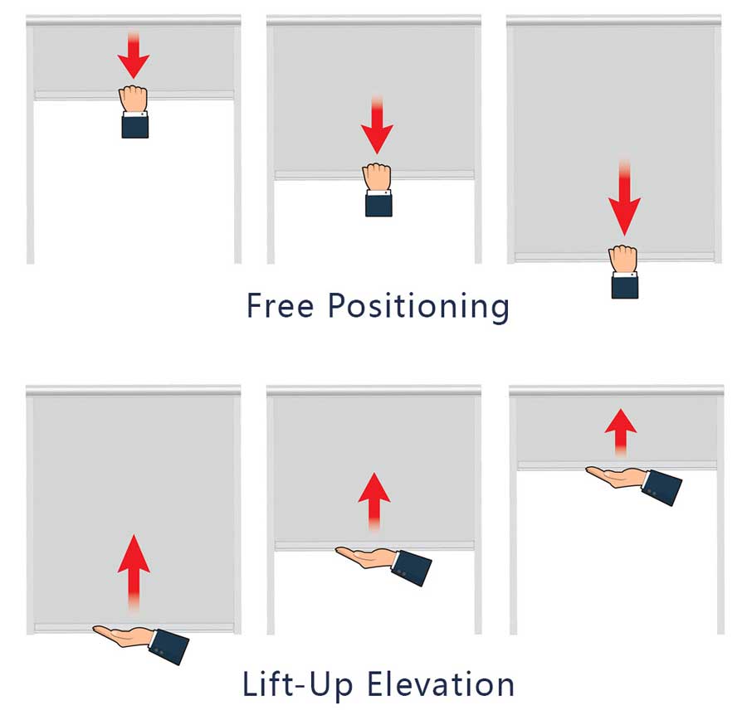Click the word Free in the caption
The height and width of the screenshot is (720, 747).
coord(280,305)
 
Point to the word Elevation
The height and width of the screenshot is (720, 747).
coord(441,684)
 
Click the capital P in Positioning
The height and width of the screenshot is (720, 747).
coord(338,304)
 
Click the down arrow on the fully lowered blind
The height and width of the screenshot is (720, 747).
coord(624,197)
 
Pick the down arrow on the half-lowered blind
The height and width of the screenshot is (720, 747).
coord(377,124)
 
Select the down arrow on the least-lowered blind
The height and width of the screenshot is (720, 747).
coord(134,54)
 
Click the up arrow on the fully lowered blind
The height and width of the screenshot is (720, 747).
coord(134,573)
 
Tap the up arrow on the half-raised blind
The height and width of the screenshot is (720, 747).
coord(374,501)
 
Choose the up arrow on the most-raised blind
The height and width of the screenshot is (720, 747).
coord(621,432)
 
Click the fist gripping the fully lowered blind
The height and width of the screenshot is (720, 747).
coord(623,259)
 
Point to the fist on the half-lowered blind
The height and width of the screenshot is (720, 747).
coord(377,177)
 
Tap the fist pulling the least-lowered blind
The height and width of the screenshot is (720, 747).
coord(134,99)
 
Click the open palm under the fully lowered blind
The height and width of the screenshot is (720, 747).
coord(123,636)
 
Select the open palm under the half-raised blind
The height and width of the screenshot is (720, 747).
coord(366,557)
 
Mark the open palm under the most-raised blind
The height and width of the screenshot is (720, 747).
coord(617,477)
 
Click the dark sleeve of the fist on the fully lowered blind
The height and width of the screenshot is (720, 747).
coord(624,286)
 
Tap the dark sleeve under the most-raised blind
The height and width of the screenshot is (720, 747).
coord(662,487)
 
